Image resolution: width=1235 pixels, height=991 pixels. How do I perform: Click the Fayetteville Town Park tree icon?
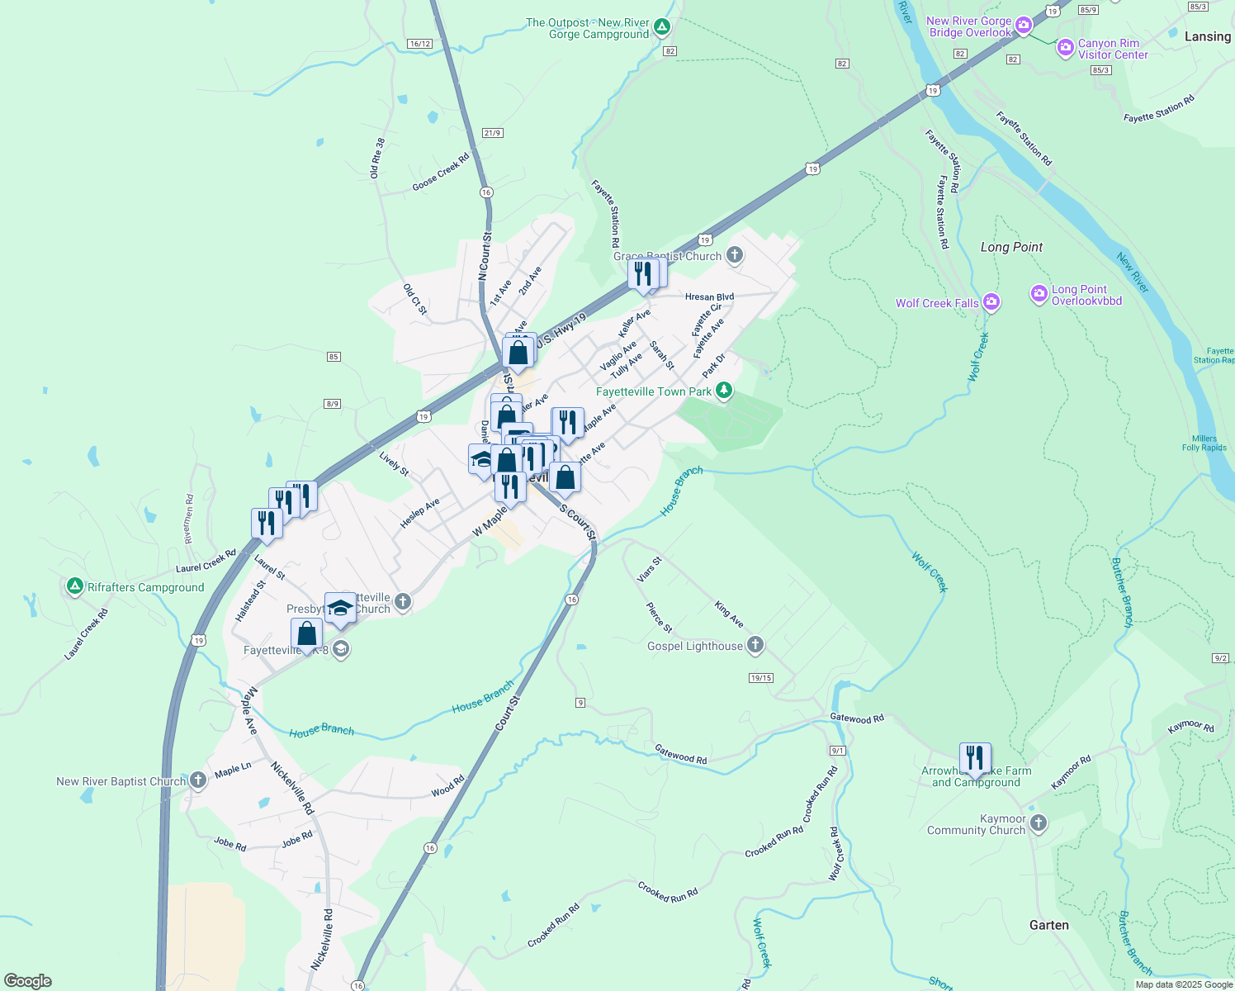(724, 391)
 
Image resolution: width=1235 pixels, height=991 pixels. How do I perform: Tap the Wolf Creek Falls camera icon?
(991, 303)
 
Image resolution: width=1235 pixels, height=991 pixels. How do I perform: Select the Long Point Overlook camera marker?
(1039, 294)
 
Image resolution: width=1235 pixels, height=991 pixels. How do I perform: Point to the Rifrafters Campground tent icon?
(74, 586)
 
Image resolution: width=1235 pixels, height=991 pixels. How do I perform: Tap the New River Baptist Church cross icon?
(197, 780)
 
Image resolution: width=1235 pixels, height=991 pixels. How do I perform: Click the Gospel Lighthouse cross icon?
(755, 646)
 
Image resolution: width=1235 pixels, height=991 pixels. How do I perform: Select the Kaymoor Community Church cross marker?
(1039, 823)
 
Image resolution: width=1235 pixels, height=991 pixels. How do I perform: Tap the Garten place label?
(1048, 925)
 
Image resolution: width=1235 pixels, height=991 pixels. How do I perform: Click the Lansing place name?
(1207, 36)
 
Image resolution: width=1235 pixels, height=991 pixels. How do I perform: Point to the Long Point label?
(1011, 247)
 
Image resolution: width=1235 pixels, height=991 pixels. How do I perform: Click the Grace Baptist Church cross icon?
(735, 255)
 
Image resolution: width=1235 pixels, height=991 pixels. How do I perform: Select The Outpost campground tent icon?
(661, 28)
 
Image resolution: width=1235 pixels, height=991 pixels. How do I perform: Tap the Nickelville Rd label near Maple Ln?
(293, 788)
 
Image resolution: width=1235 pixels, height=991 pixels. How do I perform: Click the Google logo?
(28, 981)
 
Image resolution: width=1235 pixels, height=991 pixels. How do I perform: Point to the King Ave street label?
(729, 614)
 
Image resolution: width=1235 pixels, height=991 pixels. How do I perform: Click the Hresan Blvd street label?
(709, 297)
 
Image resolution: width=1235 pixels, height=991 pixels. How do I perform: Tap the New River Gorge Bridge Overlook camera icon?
(1024, 26)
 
